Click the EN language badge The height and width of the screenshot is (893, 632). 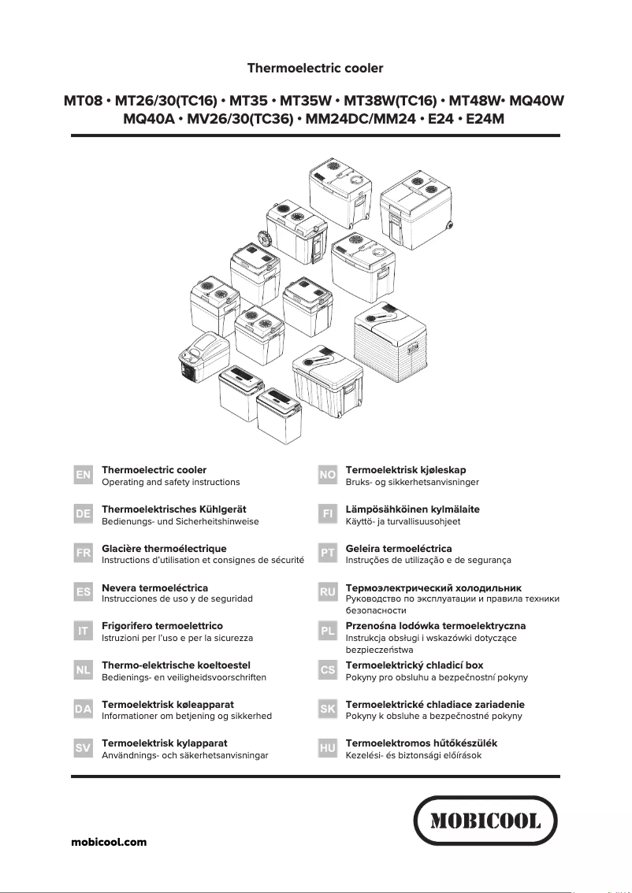83,476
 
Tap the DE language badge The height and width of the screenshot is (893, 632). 83,514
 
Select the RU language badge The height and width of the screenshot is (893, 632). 328,591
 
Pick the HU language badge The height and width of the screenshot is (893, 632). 328,748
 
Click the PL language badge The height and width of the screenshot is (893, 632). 328,632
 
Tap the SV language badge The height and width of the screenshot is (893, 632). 83,748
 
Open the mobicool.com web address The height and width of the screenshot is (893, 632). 109,842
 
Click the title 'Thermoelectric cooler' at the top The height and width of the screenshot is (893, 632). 315,69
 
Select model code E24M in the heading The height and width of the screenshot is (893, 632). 485,120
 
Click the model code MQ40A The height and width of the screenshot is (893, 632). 149,120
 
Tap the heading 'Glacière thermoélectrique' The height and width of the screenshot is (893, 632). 164,548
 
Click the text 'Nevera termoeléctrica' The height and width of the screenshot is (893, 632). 155,587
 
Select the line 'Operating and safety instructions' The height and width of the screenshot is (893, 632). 171,482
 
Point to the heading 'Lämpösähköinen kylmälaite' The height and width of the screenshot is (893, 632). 412,509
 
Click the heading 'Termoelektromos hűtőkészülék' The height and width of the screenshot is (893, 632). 422,743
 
